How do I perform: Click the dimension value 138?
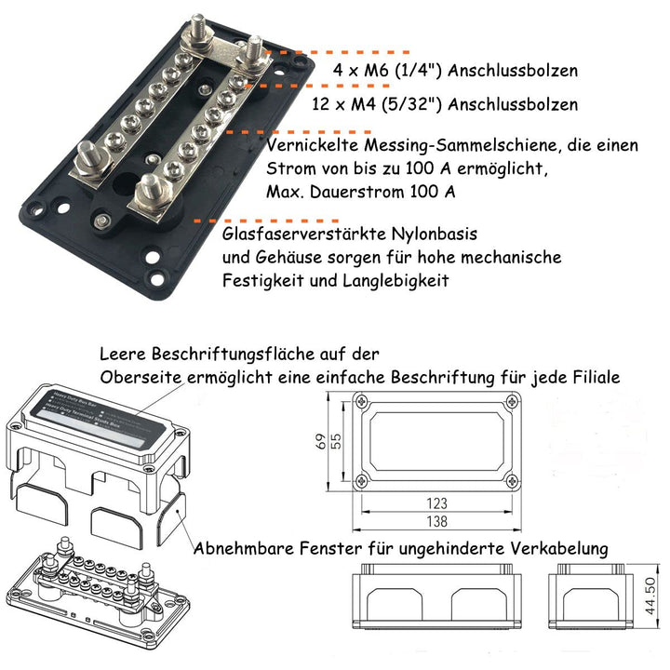[436, 522]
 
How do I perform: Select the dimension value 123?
[436, 503]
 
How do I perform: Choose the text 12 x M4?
[365, 104]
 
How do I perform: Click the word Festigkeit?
[262, 280]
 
